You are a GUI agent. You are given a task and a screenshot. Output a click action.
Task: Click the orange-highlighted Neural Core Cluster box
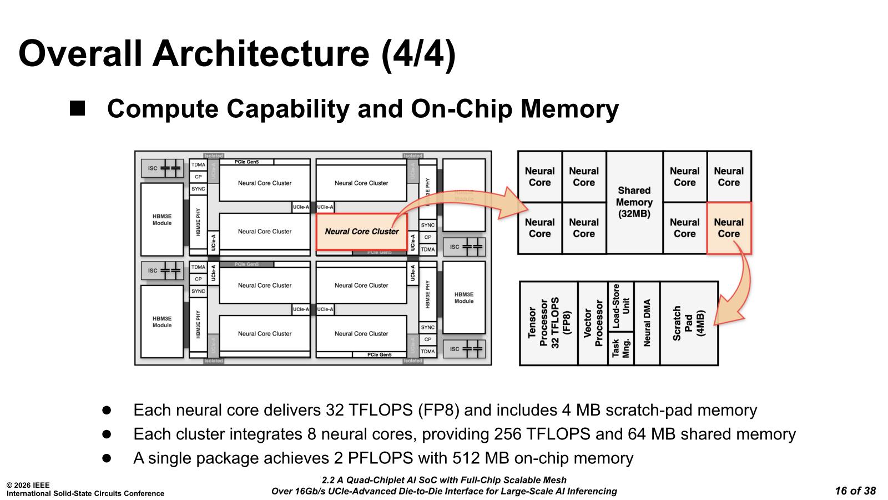(361, 232)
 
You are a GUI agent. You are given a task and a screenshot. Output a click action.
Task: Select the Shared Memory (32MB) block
(634, 202)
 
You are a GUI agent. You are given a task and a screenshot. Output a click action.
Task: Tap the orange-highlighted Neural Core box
(729, 228)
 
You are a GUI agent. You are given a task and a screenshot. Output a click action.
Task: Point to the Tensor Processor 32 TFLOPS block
(549, 323)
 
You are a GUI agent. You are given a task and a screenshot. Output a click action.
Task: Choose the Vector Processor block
(593, 323)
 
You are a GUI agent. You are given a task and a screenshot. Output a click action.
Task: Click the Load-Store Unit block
(620, 306)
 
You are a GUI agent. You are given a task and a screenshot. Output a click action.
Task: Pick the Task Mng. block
(620, 348)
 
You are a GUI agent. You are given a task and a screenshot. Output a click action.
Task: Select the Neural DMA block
(647, 323)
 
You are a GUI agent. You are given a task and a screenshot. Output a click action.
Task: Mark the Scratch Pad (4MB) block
(689, 323)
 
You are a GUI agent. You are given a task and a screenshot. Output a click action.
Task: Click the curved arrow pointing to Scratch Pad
(739, 283)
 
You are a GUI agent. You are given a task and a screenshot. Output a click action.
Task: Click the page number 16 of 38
(855, 491)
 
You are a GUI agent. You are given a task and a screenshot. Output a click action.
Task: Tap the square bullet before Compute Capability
(77, 108)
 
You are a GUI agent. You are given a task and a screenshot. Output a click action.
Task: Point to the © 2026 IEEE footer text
(28, 485)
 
